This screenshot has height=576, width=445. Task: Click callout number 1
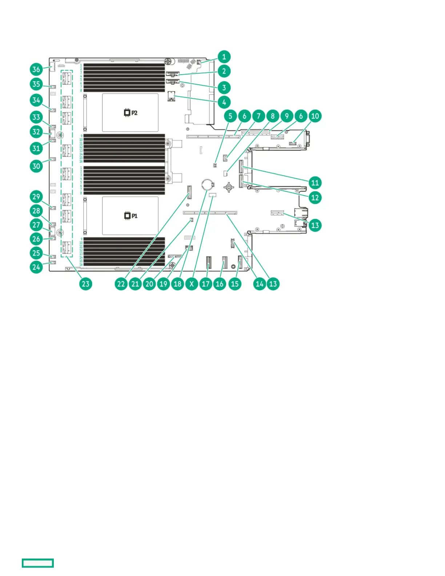click(224, 57)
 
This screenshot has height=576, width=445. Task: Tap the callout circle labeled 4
click(224, 102)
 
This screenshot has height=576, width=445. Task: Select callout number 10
click(315, 116)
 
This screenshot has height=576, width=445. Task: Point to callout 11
click(315, 183)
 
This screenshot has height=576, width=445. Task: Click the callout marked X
click(192, 284)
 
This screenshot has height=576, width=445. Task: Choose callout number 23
click(85, 284)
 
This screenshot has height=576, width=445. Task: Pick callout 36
click(36, 69)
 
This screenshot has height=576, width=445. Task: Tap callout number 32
click(36, 132)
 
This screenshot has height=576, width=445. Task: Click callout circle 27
click(36, 225)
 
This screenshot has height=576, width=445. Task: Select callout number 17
click(206, 284)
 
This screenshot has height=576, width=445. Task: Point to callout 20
click(149, 284)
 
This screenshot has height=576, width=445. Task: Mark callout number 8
click(273, 116)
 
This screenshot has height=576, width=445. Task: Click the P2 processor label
click(131, 113)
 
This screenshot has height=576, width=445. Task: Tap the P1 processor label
click(131, 216)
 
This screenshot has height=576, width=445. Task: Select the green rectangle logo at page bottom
click(38, 563)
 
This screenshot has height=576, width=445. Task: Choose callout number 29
click(36, 197)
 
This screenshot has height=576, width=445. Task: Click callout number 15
click(235, 284)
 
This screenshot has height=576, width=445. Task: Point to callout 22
click(121, 284)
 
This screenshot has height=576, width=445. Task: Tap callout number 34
click(36, 100)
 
